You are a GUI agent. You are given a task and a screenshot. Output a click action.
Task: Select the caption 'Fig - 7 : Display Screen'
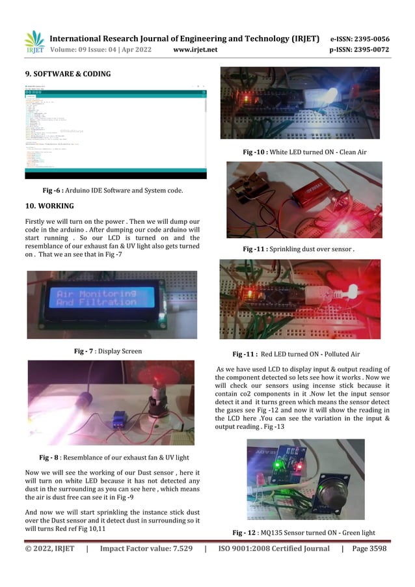coord(108,351)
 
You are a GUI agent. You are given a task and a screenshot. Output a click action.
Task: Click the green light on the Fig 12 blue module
coord(277,466)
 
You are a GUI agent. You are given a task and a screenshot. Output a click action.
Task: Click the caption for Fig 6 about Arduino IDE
coord(112,190)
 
